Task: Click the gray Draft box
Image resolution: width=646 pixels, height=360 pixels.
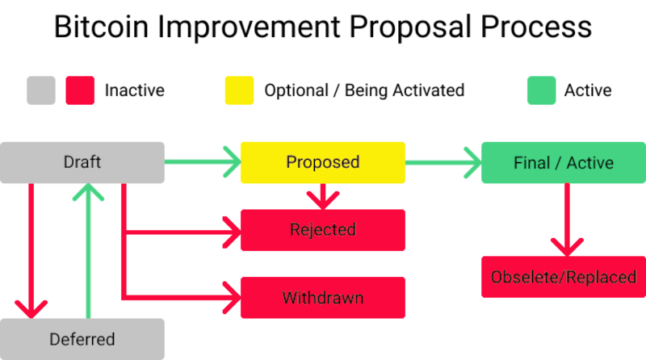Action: point(82,162)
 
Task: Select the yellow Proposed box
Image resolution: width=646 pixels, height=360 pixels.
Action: point(323,162)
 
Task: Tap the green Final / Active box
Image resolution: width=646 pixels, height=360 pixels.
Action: point(564,162)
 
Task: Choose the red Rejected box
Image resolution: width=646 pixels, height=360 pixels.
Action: point(323,230)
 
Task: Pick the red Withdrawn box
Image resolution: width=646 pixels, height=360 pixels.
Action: point(323,297)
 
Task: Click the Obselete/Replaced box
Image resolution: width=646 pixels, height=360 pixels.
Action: point(564,277)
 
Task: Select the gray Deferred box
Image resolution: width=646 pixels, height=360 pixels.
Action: point(82,339)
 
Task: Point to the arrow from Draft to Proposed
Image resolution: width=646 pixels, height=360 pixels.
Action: point(203,162)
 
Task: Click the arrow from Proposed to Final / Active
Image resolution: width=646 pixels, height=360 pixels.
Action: point(443,162)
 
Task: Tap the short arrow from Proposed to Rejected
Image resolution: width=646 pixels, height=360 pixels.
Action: point(323,196)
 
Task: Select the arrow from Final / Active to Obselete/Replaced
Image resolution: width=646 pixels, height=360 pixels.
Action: point(568,220)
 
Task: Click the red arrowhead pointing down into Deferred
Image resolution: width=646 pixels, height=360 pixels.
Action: point(31,310)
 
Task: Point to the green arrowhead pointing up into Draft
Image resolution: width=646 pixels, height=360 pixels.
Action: point(88,192)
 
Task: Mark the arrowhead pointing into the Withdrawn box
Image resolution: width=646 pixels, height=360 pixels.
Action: point(232,297)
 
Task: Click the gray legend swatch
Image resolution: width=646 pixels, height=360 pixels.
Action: point(41,90)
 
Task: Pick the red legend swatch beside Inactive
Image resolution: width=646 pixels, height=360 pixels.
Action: point(80,90)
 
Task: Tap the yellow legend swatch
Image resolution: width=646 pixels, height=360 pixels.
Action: point(239,90)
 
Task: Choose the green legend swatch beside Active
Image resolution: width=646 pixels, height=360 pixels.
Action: point(542,90)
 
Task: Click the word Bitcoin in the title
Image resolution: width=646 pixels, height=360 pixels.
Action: point(102,27)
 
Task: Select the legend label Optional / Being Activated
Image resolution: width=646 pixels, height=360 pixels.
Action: point(365,90)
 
